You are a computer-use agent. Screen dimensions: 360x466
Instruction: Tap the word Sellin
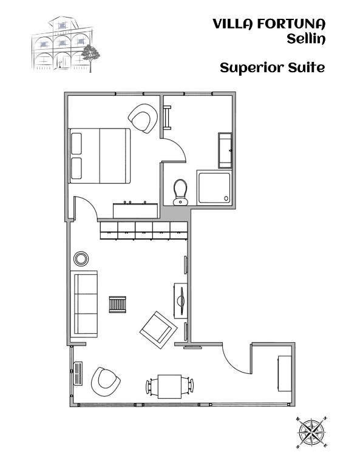306,39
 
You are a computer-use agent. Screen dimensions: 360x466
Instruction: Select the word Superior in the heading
252,68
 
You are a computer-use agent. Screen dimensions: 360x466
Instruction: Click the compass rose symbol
312,433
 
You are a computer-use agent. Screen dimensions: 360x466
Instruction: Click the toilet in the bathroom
180,192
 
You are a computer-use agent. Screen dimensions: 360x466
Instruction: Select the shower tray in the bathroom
214,188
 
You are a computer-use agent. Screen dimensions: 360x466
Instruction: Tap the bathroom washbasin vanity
225,150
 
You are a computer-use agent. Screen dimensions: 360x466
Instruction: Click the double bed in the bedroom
100,156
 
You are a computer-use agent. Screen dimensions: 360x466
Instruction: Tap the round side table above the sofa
81,258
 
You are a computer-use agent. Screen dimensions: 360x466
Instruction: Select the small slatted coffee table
117,305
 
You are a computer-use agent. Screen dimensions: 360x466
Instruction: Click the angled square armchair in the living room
158,330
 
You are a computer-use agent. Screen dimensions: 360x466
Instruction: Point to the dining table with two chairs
170,387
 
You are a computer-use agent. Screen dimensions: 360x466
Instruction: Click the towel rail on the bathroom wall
168,118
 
